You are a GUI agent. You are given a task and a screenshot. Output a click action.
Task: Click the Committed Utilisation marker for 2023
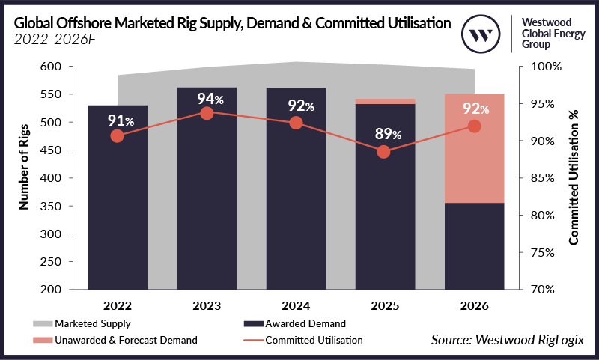pos(207,113)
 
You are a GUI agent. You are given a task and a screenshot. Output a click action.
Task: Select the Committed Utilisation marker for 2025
pos(384,152)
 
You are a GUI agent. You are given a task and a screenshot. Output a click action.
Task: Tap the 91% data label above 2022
pos(117,120)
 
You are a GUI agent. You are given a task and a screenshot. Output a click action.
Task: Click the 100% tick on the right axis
pos(541,67)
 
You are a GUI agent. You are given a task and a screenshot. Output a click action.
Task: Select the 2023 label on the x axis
pos(207,307)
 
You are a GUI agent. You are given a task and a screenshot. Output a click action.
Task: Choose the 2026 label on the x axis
pos(474,307)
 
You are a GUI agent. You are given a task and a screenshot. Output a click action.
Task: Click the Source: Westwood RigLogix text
pos(506,341)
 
